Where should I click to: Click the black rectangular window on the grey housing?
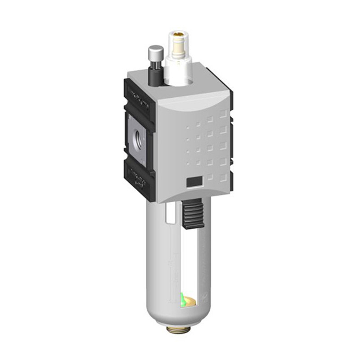(x=194, y=182)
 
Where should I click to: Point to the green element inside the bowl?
(x=183, y=299)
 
